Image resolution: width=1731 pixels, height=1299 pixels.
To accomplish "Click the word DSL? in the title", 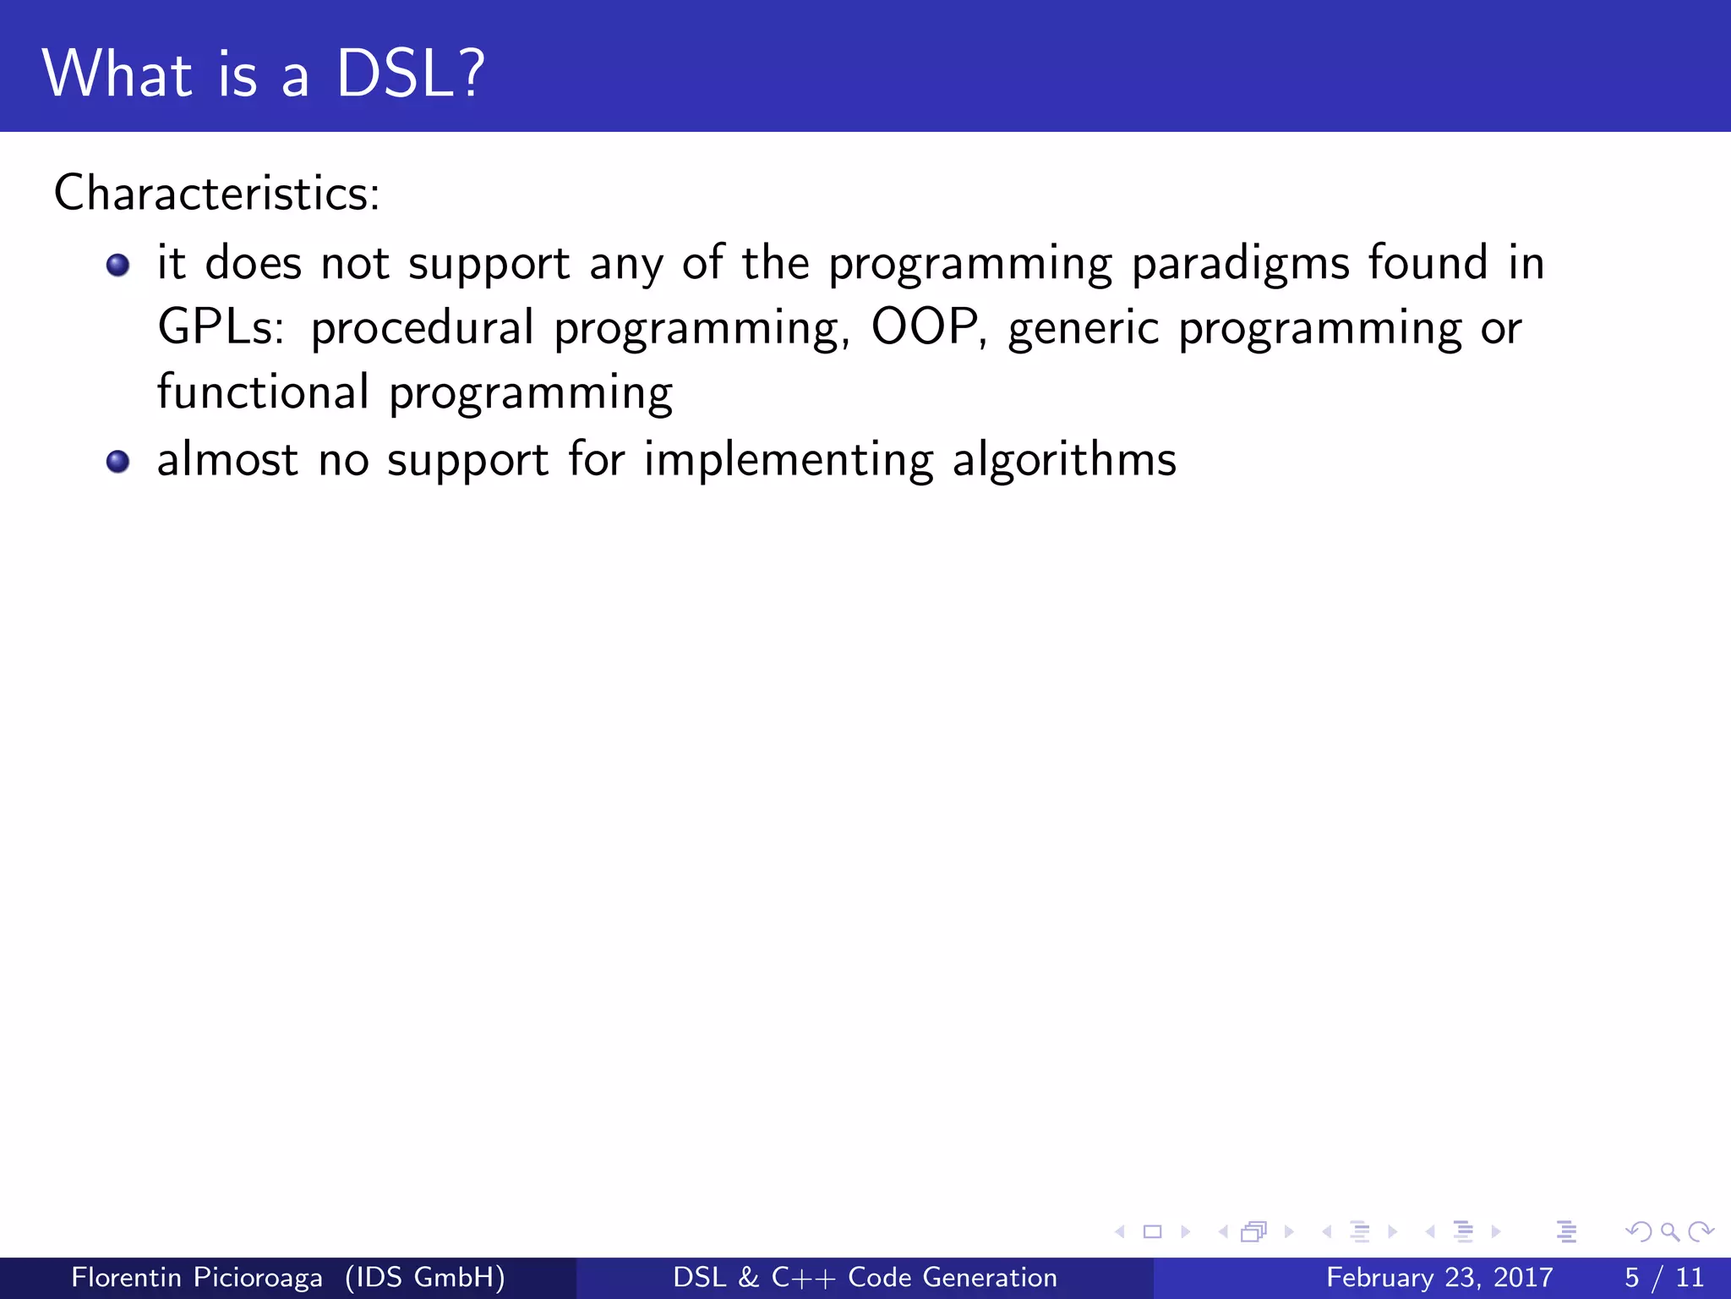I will [411, 74].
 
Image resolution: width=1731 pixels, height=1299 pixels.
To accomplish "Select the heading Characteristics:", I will [217, 193].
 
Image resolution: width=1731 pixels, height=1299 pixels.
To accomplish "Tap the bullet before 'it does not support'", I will [118, 266].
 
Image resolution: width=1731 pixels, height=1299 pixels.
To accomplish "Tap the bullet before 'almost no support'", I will [118, 462].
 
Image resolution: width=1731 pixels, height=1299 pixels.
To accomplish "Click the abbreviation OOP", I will [925, 328].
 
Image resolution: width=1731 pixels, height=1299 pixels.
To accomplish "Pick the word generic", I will [1084, 330].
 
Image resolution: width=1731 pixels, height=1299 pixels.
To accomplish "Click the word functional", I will [263, 392].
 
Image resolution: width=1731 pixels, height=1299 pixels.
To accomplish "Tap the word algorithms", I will [1064, 462].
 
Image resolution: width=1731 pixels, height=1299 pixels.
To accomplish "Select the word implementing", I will [789, 462].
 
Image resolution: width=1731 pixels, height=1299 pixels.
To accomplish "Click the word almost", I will [227, 460].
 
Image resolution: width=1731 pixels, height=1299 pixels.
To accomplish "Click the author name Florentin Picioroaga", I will [197, 1277].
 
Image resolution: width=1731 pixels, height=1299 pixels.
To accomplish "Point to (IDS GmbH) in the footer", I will [425, 1277].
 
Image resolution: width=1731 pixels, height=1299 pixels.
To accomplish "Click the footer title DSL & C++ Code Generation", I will [865, 1277].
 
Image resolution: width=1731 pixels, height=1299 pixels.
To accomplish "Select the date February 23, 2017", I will [1439, 1277].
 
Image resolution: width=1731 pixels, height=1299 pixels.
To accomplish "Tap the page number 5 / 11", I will [1663, 1277].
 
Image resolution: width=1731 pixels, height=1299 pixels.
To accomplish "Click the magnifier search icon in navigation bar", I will [1669, 1232].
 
